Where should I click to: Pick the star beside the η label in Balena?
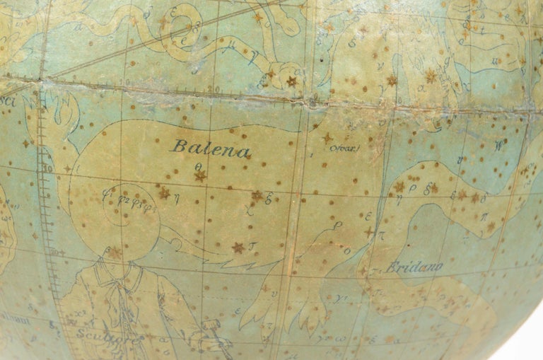[x=165, y=192]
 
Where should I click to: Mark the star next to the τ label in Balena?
[x=238, y=248]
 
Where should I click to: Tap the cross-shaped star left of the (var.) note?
[x=327, y=138]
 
